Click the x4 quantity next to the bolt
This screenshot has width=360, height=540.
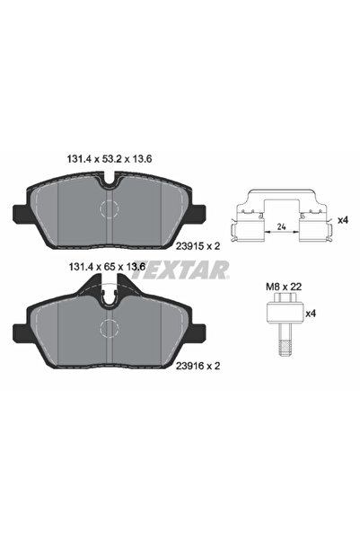(311, 314)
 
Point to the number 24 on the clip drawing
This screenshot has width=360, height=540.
(281, 225)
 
